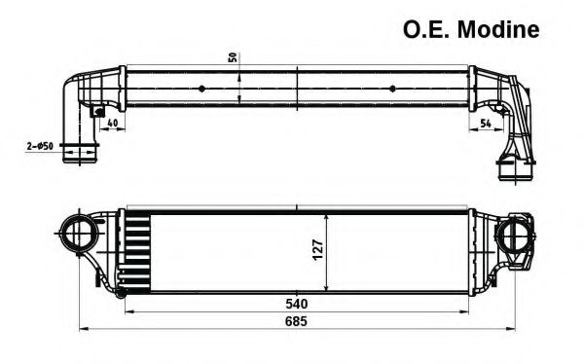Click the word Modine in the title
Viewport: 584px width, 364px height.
click(x=499, y=30)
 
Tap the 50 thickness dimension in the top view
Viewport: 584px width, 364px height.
click(x=233, y=55)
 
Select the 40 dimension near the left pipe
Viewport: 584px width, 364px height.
click(x=113, y=123)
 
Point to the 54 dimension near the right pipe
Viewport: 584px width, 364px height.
click(x=485, y=123)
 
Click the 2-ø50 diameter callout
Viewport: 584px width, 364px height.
click(x=39, y=146)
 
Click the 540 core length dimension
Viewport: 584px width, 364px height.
click(x=297, y=302)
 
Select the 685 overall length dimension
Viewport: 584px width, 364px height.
click(x=297, y=322)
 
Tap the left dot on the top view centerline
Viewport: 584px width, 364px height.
click(x=201, y=88)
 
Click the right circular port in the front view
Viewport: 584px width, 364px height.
click(x=512, y=235)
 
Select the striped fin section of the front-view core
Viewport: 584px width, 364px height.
click(x=135, y=250)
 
